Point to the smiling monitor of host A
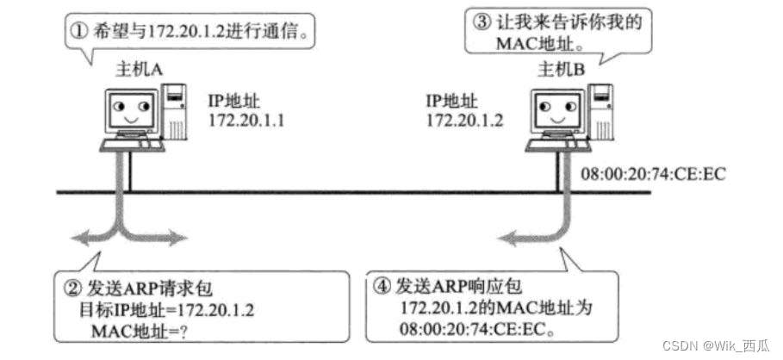click(x=129, y=110)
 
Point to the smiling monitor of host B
click(x=553, y=110)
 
